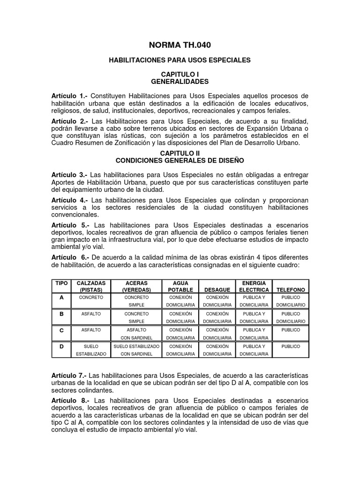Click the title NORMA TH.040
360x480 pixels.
(180, 45)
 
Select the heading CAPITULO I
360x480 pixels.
(180, 75)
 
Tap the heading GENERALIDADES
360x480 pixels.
(180, 82)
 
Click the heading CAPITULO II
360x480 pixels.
(180, 153)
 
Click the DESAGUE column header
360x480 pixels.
(217, 290)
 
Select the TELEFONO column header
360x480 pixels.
(291, 290)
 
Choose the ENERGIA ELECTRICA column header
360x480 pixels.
(254, 286)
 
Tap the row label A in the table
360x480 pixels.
(61, 298)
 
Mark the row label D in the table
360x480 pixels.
(61, 346)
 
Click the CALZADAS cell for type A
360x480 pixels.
(91, 298)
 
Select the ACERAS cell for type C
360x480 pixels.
(136, 334)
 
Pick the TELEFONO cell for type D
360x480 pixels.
(291, 346)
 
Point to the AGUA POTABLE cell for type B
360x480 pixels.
(180, 317)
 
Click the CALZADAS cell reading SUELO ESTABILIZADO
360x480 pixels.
(91, 350)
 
